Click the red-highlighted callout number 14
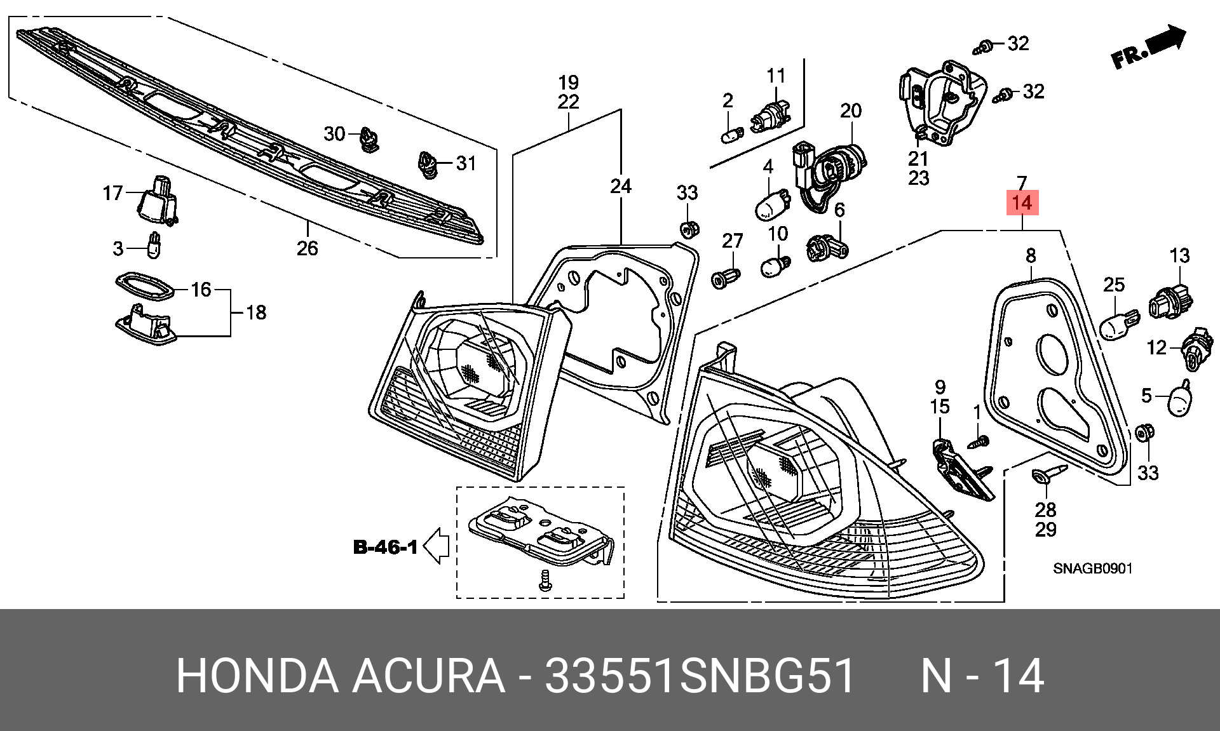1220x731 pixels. [x=1022, y=203]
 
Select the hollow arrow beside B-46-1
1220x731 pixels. [x=437, y=546]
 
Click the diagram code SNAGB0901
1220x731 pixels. [x=1093, y=568]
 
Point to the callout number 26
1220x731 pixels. [x=307, y=248]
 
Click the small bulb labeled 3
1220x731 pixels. [x=154, y=246]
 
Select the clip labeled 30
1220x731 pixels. [x=369, y=140]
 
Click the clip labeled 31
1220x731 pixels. [x=428, y=164]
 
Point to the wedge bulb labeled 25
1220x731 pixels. [x=1117, y=323]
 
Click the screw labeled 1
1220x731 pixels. [x=978, y=442]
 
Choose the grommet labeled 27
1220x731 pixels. [x=726, y=278]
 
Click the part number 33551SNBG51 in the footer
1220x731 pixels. [x=700, y=676]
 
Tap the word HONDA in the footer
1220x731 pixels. [x=257, y=676]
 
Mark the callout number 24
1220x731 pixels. [x=621, y=186]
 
